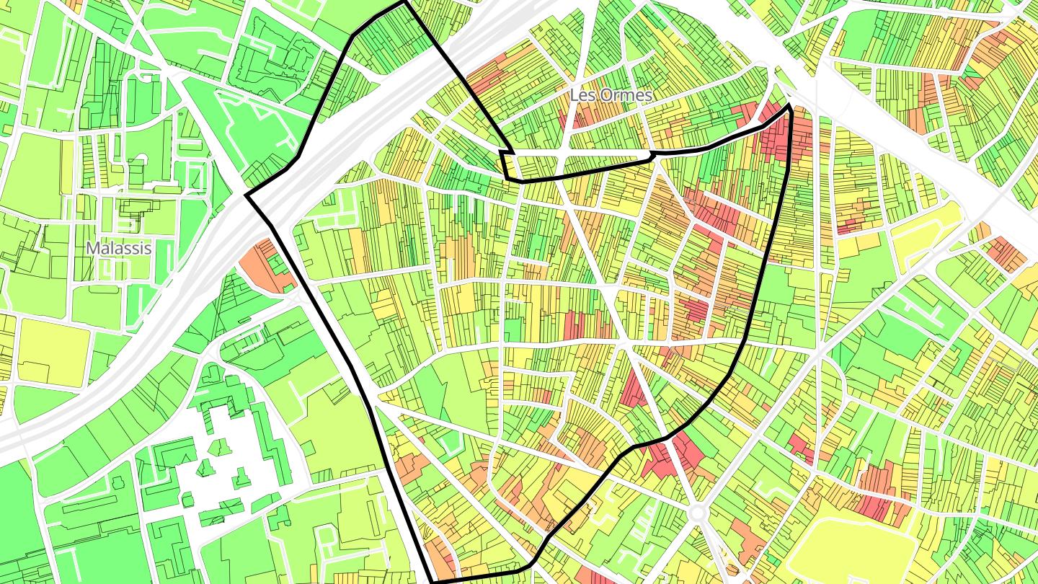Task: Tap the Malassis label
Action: click(x=119, y=248)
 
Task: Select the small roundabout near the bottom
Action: click(x=696, y=513)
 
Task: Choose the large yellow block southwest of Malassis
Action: click(x=53, y=353)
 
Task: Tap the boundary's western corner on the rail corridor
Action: click(x=247, y=195)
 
